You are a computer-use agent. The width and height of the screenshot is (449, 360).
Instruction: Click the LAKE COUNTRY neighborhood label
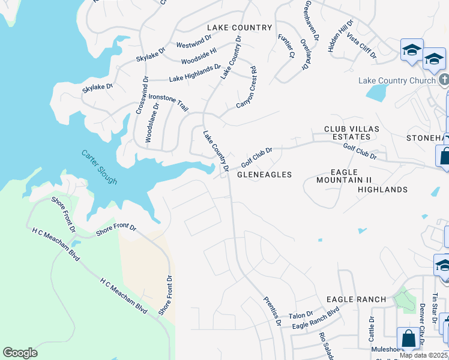[x=240, y=28]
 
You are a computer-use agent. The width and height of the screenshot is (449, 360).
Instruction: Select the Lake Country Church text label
[x=397, y=81]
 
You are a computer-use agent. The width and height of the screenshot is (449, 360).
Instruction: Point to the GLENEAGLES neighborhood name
[x=264, y=175]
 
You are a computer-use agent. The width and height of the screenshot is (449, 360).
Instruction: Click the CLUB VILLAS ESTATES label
[x=347, y=133]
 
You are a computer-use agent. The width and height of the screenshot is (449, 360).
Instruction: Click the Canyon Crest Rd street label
[x=247, y=88]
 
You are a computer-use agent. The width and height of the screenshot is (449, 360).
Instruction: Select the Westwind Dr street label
[x=193, y=41]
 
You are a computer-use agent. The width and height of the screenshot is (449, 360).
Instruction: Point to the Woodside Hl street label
[x=198, y=54]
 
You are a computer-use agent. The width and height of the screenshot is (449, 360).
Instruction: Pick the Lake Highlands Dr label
[x=195, y=73]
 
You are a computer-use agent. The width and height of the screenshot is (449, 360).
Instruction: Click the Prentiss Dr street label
[x=273, y=311]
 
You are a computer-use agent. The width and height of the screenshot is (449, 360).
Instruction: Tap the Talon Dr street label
[x=301, y=315]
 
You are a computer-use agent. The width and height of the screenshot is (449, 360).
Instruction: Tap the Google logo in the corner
[x=20, y=353]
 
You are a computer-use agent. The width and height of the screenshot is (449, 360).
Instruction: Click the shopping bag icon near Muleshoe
[x=408, y=338]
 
